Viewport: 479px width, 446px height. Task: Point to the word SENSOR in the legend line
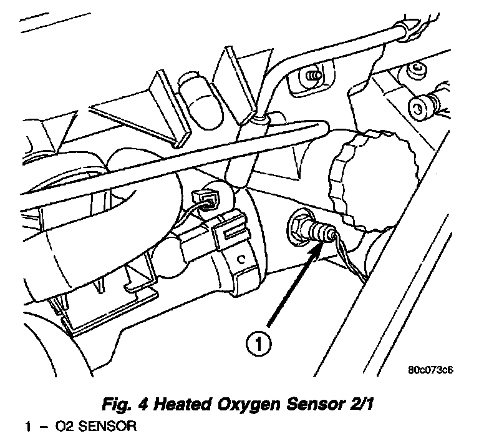[100, 429]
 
